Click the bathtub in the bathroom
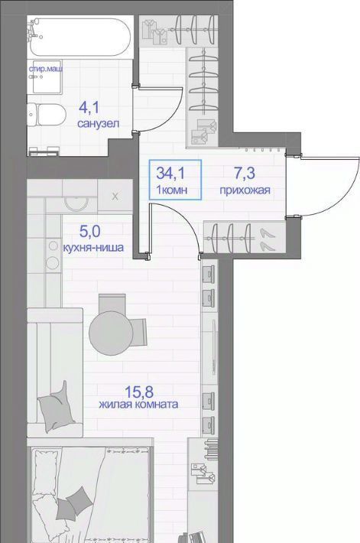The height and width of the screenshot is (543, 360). point(80,37)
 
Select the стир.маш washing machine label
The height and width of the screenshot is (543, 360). point(46,70)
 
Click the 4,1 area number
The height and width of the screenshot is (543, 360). point(89,107)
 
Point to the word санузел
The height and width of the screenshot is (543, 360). point(99,124)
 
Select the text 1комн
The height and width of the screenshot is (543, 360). point(172,190)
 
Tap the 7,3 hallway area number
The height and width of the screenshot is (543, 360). point(245,173)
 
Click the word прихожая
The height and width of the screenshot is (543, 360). point(245,190)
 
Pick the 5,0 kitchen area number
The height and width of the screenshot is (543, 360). point(90,231)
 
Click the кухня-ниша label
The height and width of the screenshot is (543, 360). point(93,248)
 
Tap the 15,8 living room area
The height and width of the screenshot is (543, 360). point(139,392)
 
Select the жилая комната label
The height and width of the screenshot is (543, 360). point(138,404)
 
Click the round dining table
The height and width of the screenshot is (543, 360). point(111,333)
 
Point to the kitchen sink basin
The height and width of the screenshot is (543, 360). point(76,203)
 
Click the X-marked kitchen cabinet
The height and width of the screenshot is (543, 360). point(115,197)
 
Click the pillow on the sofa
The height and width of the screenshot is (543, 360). point(57,406)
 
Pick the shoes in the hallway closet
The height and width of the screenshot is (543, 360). point(267,239)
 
